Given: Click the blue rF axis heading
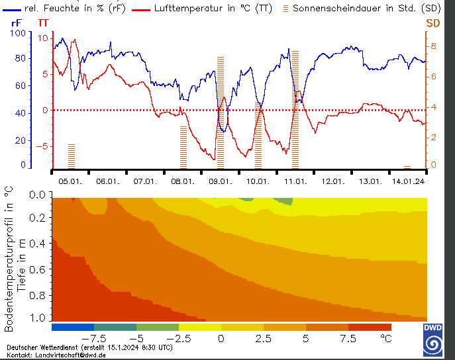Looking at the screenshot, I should (17, 22).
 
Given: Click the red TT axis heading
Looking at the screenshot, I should (44, 22).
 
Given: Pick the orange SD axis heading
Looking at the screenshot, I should (432, 22).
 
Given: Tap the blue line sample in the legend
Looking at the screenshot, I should (12, 9).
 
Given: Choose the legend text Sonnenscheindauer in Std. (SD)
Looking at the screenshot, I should (366, 9).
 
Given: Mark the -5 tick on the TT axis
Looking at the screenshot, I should (42, 146).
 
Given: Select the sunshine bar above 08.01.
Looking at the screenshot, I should (183, 147).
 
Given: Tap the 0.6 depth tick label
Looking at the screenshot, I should (39, 270).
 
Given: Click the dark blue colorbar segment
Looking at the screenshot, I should (72, 327).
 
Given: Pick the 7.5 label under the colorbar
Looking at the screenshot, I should (348, 337).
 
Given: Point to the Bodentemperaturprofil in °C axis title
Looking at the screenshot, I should (9, 259).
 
